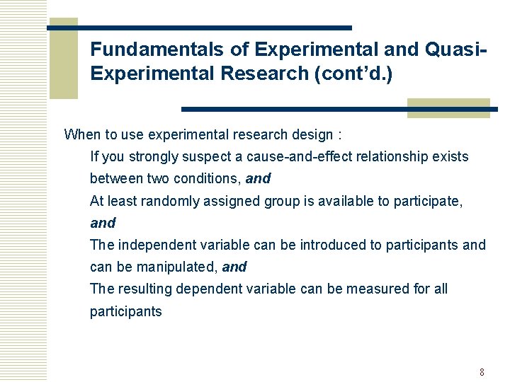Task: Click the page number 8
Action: [x=482, y=372]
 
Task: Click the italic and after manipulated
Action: [x=234, y=267]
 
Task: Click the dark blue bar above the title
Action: [x=212, y=28]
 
